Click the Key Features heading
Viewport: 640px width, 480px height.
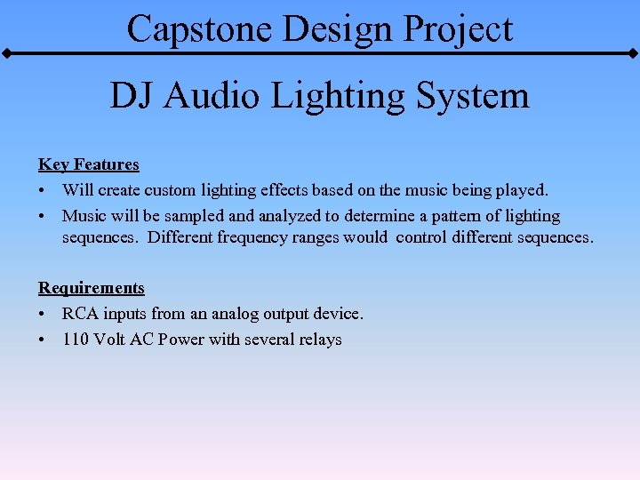tap(89, 164)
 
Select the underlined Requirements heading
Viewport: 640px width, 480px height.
tap(91, 288)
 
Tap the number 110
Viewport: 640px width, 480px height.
tap(75, 340)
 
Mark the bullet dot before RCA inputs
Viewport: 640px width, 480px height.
tap(43, 314)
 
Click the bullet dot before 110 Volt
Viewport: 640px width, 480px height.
tap(43, 340)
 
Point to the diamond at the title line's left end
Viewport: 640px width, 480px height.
tap(5, 53)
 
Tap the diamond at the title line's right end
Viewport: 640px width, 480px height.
tap(634, 53)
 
